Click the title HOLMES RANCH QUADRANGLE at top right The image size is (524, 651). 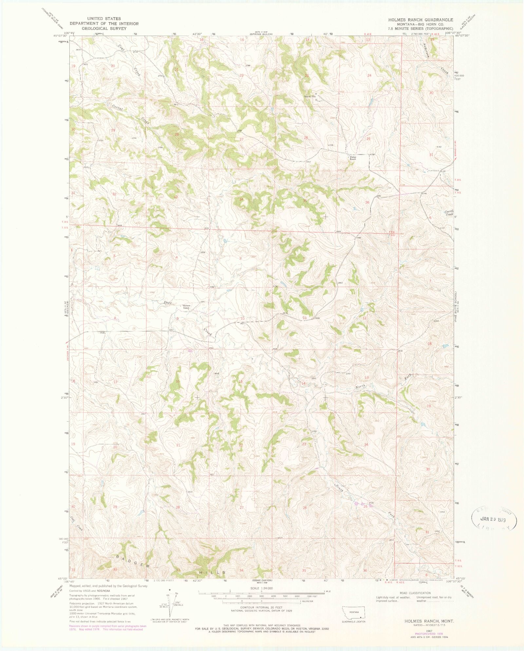click(421, 20)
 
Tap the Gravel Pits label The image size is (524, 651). click(309, 97)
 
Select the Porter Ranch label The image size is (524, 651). click(353, 158)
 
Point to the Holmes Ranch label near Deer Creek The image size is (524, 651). click(186, 307)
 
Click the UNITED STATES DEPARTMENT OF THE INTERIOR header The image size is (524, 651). click(104, 24)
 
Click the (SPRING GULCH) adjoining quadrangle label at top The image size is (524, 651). click(261, 34)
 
